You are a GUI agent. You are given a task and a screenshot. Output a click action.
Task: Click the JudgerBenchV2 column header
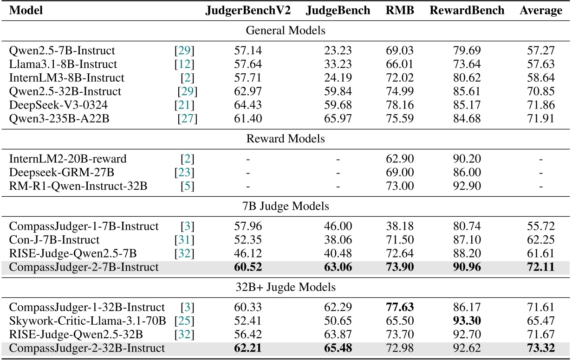click(x=248, y=11)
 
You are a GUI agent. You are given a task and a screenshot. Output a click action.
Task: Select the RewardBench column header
click(x=468, y=11)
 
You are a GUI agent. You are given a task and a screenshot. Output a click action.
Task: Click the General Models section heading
click(x=286, y=31)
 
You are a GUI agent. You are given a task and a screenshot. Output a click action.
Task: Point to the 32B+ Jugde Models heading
click(x=286, y=287)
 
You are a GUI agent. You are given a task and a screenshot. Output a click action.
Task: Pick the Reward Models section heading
click(x=286, y=139)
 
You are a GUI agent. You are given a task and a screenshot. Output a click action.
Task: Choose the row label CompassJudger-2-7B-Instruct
click(x=84, y=267)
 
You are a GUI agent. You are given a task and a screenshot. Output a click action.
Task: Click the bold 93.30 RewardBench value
click(x=468, y=320)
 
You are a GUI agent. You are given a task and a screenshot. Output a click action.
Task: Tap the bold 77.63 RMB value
click(x=399, y=307)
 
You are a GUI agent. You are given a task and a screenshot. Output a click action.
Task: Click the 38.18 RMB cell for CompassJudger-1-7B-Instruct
click(x=399, y=226)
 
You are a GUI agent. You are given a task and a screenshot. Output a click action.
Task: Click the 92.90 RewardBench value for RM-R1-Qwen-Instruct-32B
click(x=468, y=186)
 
